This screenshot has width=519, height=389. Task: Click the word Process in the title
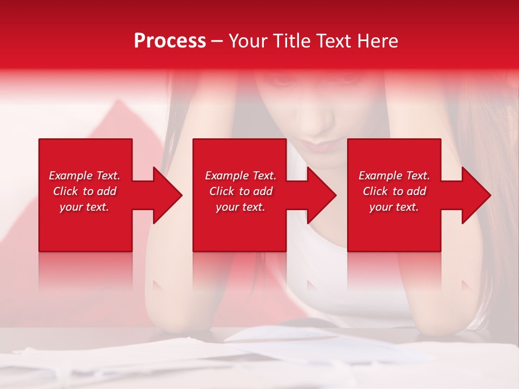coord(170,41)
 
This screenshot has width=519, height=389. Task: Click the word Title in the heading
coord(289,41)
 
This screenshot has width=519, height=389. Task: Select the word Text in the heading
coord(332,41)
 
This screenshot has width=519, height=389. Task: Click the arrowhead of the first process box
coord(165,195)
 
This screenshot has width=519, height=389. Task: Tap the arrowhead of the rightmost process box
coord(475,195)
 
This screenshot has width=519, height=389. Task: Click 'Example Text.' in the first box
coord(84,176)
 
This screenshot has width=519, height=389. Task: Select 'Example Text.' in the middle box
coord(241,176)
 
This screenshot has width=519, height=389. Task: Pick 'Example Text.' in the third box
coord(394,176)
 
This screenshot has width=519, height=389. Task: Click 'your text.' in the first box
coord(84,207)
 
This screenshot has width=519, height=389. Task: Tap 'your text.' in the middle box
coord(241,207)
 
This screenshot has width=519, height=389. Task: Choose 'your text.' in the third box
coord(394,207)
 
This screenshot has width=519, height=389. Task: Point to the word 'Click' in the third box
coord(376,191)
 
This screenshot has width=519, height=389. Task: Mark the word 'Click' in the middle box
coord(222,191)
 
